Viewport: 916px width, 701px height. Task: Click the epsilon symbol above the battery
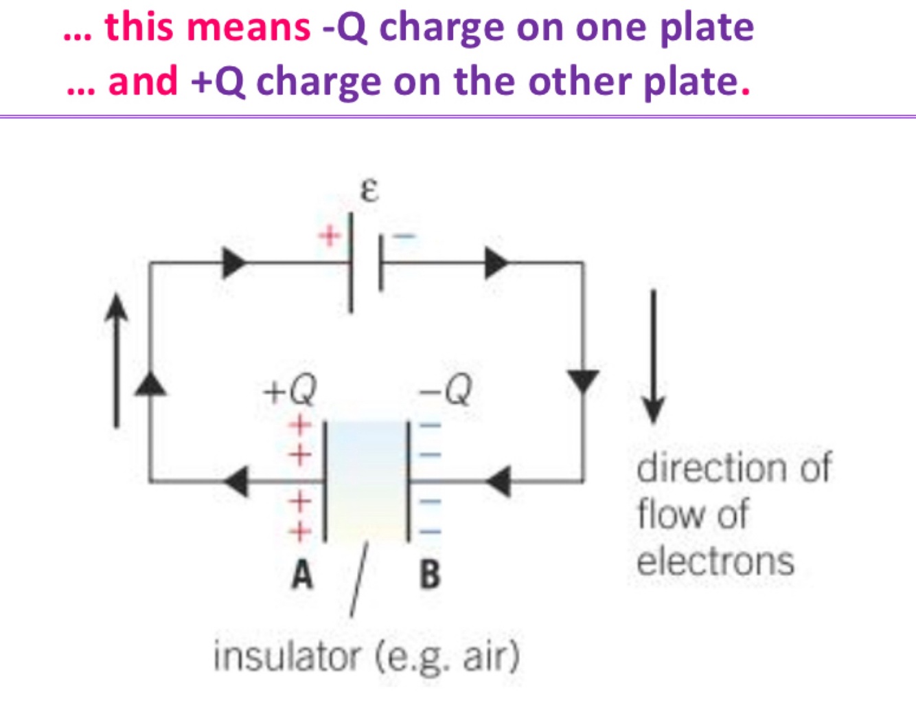point(369,190)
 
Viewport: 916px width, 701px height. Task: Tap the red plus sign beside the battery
point(330,236)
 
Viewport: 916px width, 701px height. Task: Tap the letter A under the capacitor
point(301,575)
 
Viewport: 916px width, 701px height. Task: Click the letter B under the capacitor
point(430,575)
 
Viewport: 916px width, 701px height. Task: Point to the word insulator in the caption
point(286,656)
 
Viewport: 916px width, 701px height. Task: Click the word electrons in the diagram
point(715,561)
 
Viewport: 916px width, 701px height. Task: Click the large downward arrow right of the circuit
point(653,357)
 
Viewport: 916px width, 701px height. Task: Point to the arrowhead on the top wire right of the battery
point(496,263)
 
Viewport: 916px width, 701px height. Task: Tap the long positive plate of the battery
point(351,263)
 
